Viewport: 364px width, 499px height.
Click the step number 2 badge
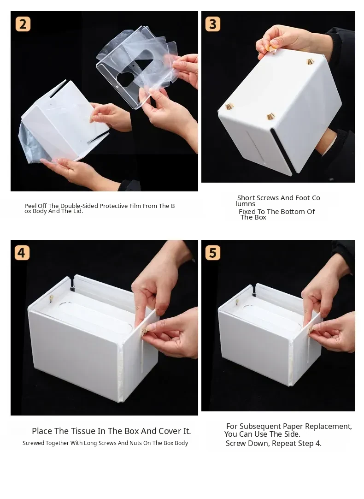tap(23, 24)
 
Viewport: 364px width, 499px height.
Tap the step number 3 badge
tap(213, 24)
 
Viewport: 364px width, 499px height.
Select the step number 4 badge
tap(22, 253)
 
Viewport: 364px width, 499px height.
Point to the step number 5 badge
tap(213, 253)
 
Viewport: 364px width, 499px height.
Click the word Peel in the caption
tap(30, 206)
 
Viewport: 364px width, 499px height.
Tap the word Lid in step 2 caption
tap(78, 211)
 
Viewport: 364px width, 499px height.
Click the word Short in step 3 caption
tap(247, 198)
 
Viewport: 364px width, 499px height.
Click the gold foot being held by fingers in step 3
tap(272, 49)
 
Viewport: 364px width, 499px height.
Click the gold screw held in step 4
tap(144, 331)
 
